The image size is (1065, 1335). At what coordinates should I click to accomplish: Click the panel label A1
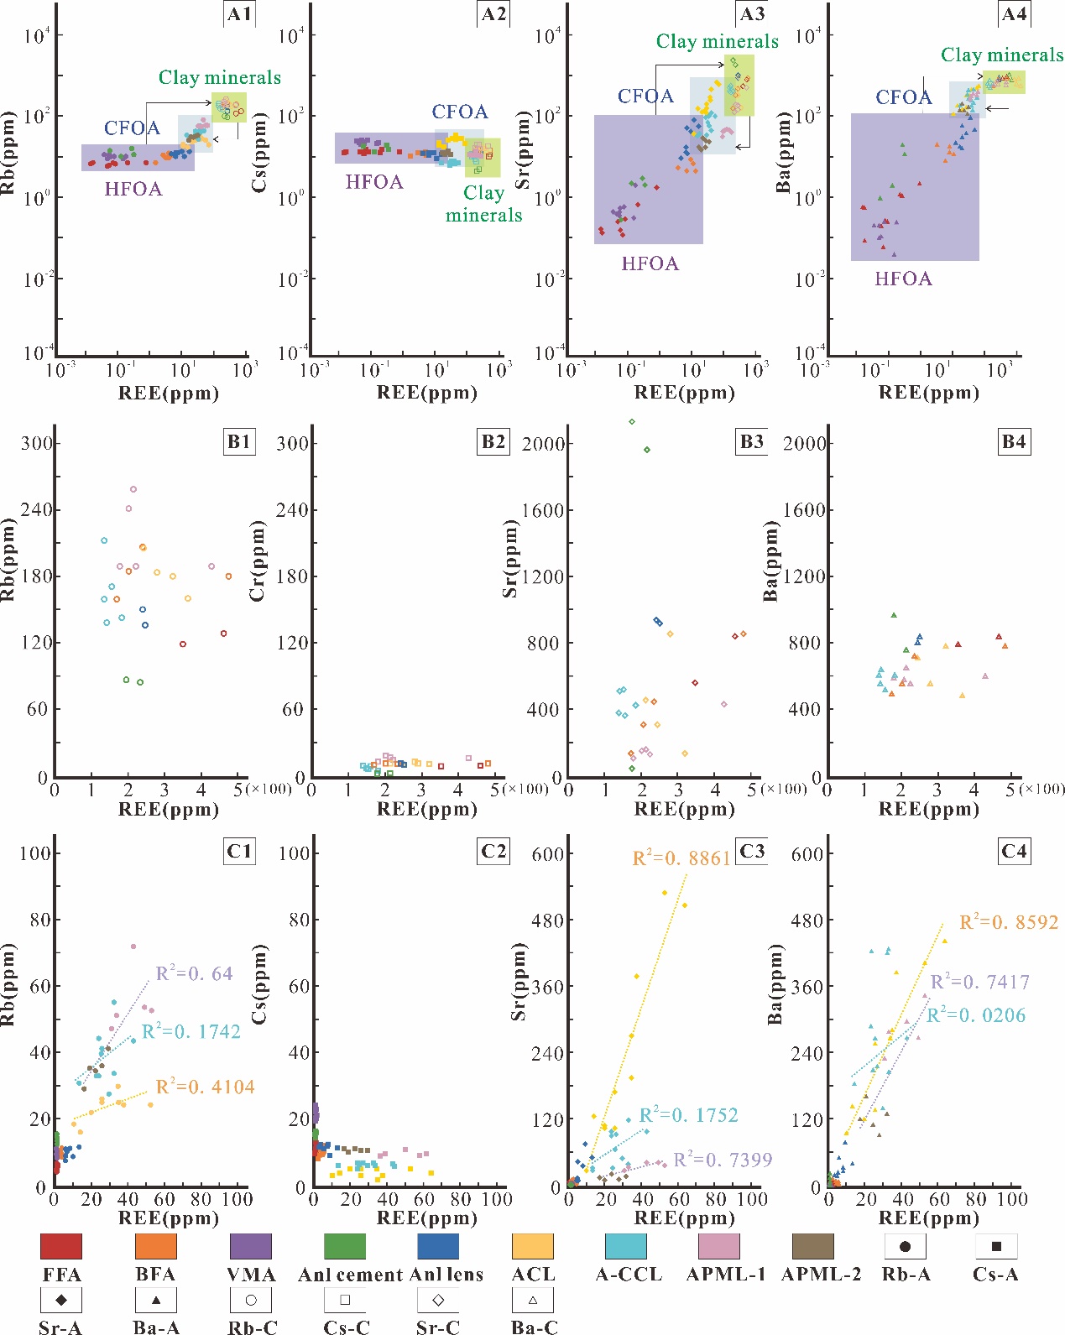239,14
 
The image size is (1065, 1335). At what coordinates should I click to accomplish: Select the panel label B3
751,441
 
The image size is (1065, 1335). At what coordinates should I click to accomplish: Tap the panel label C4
1014,851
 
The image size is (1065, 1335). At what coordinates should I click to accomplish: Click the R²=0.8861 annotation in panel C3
681,858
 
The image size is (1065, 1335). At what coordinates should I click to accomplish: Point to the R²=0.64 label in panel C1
195,973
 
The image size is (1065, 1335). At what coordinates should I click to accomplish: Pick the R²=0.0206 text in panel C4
976,1015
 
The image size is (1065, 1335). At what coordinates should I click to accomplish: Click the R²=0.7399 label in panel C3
723,1160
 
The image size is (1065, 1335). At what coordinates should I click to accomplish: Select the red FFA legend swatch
61,1246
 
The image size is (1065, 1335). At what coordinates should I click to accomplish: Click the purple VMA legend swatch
251,1246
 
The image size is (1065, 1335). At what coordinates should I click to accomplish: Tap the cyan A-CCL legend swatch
626,1246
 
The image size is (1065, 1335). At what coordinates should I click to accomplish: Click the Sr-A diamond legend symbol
61,1299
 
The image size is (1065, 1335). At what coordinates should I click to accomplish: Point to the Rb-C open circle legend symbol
251,1299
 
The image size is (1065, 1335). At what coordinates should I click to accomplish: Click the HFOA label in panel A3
650,263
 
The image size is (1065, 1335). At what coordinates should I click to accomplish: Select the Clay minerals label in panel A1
220,77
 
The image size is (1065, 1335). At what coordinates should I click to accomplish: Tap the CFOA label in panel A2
460,112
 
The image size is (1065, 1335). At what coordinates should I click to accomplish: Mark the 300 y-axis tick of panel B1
37,443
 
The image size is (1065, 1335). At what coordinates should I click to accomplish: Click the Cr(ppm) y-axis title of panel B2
258,561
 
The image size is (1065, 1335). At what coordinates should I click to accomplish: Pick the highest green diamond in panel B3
632,421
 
